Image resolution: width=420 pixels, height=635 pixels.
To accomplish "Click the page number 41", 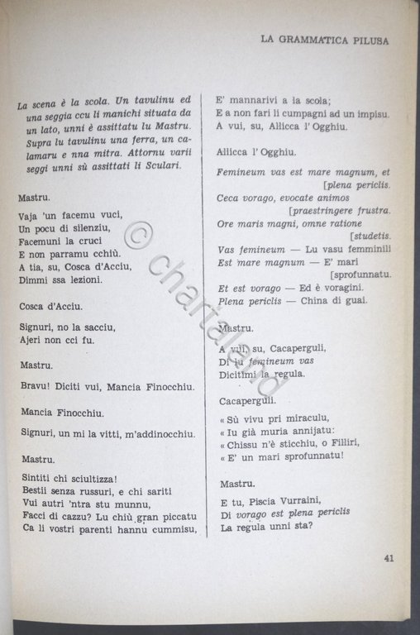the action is (x=388, y=557).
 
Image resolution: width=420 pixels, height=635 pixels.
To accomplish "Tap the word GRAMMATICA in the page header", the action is (x=311, y=38).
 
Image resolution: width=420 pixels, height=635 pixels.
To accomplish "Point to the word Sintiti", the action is (x=36, y=479).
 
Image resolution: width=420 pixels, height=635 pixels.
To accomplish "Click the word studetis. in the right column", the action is (x=369, y=236).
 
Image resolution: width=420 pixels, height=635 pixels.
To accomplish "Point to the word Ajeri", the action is (x=32, y=339).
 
